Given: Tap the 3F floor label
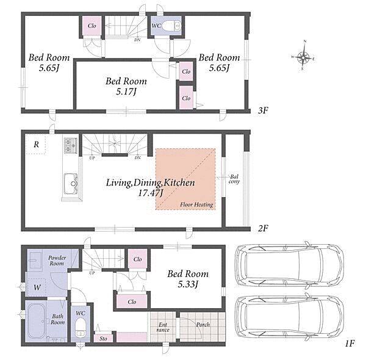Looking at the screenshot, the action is coord(263,110).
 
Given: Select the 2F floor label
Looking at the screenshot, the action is coord(263,228).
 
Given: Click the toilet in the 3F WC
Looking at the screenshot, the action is coord(171,26).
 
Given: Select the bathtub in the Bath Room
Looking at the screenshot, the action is coord(36,321).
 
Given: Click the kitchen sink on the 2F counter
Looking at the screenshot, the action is coord(71,184).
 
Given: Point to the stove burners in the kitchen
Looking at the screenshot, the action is coord(71,145).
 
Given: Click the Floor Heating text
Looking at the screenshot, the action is coord(196,205).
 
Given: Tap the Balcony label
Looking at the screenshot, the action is coord(234,179).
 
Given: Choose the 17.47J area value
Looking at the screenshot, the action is coord(150,193).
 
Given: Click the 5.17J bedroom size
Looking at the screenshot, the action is coord(126,92).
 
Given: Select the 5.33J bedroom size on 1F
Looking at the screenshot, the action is coord(188,284).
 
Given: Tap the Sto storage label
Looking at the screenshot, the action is coord(103,338).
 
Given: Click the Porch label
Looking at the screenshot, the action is coord(203,325).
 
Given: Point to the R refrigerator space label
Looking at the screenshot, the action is coord(36,145).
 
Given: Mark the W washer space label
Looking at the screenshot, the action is coord(37,287).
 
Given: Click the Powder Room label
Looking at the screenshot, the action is coord(57,261).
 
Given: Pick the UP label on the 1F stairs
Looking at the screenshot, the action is coord(92,273).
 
